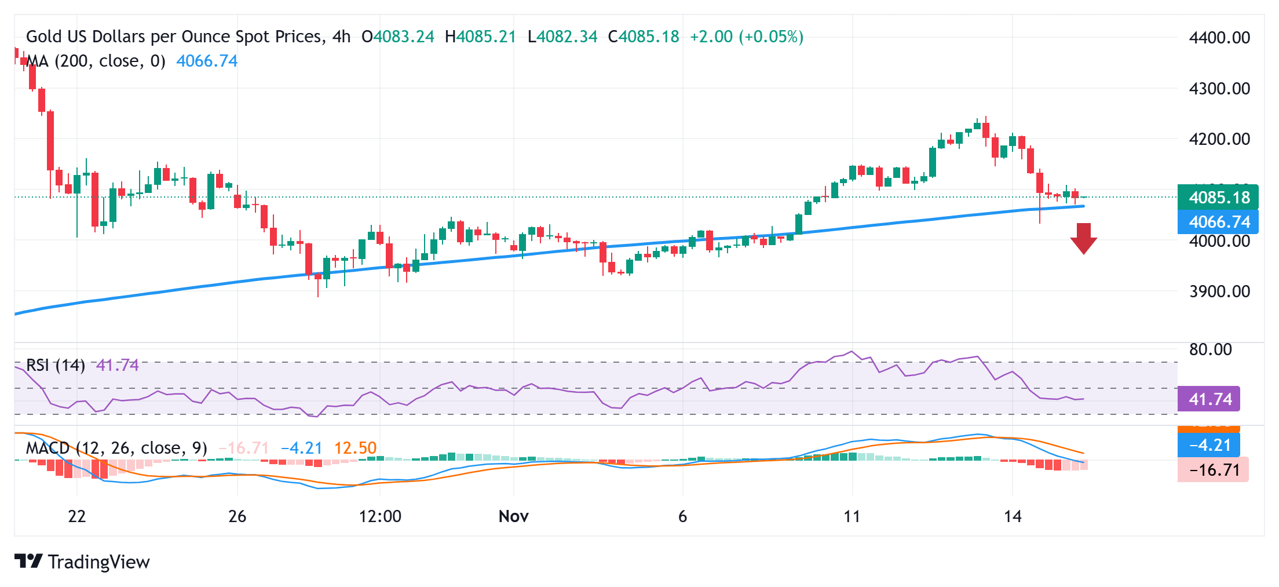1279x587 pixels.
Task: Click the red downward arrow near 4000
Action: tap(1083, 238)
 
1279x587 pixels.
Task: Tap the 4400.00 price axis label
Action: tap(1219, 38)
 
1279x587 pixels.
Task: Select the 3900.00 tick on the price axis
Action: tap(1219, 291)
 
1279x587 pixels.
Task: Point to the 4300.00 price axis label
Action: tap(1219, 89)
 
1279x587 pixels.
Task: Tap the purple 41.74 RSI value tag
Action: tap(1209, 399)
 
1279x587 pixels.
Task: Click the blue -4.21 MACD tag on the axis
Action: tap(1209, 446)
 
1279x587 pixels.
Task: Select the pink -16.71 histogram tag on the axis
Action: tap(1213, 470)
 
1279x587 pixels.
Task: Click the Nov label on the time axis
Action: tap(513, 516)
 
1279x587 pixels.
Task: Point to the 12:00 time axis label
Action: tap(380, 516)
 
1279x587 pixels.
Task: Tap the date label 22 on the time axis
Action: tap(76, 516)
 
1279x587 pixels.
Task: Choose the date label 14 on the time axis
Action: tap(1012, 516)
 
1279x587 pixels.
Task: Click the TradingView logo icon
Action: tap(28, 561)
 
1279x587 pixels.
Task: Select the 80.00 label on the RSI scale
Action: tap(1210, 349)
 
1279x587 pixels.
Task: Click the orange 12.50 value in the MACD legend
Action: tap(355, 448)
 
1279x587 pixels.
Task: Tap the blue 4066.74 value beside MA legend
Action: tap(207, 61)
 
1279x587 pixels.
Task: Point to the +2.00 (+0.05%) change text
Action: tap(747, 37)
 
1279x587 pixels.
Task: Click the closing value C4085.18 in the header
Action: tap(644, 37)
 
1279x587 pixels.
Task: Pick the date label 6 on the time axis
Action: tap(682, 516)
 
